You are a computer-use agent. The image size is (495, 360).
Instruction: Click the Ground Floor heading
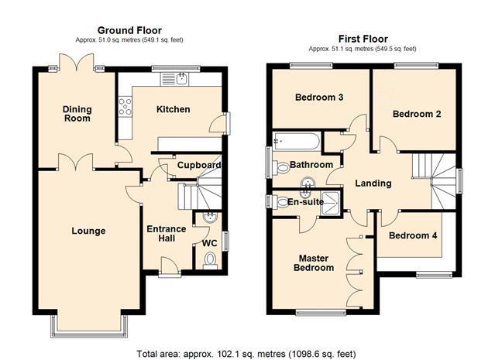coord(129,30)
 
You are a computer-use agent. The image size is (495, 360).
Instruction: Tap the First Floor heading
coord(363,39)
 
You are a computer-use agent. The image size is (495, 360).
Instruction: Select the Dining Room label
coord(77,114)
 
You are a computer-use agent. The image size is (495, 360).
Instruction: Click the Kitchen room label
coord(174,109)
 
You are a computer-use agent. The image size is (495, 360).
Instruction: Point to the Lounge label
coord(88,231)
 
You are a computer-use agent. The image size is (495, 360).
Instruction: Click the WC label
coord(209,243)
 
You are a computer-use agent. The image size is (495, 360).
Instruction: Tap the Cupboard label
coord(199,165)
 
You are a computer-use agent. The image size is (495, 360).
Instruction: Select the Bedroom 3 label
coord(319,98)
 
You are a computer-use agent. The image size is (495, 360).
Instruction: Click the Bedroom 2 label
coord(417,114)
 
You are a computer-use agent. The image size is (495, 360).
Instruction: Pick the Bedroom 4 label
coord(413,236)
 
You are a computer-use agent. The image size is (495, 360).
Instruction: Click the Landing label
coord(373,183)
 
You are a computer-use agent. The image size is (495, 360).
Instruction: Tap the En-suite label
coord(305,202)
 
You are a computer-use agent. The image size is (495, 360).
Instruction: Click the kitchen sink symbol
coord(181,78)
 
